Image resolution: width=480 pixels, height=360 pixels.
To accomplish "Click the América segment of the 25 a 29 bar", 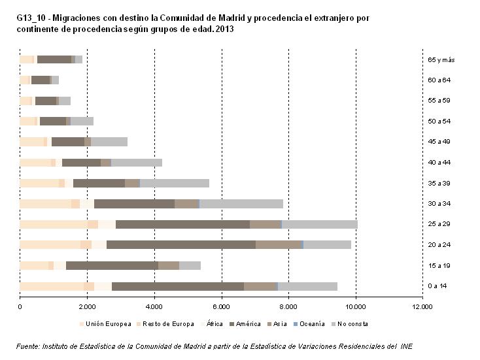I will point(182,224).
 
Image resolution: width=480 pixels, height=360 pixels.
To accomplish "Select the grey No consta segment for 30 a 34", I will point(241,204).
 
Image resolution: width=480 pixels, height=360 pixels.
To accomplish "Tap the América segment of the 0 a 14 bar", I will point(178,286).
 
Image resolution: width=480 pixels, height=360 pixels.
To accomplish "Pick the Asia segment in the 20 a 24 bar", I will point(278,245).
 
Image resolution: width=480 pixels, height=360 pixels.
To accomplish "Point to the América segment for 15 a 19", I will point(112,265).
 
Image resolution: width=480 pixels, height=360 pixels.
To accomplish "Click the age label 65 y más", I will point(441,60).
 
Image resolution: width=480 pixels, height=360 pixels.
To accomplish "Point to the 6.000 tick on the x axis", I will point(221,306).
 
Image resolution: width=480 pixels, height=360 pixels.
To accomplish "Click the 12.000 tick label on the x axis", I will point(422,306).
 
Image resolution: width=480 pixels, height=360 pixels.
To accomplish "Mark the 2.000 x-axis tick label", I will point(86,306).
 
